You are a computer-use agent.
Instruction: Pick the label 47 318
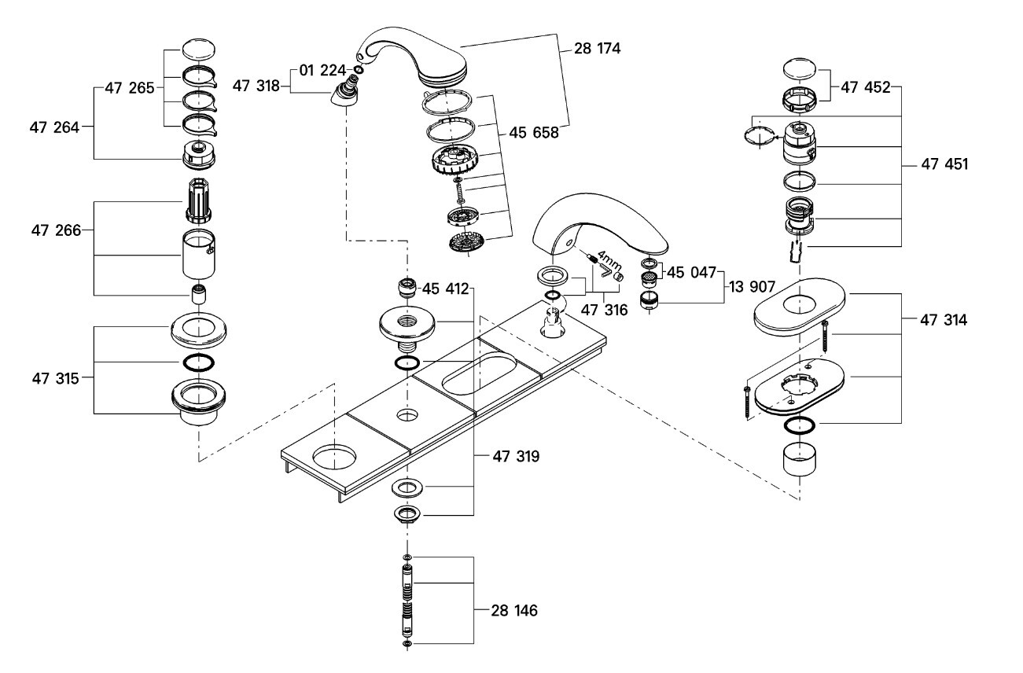(256, 86)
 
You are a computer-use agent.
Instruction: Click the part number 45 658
(534, 133)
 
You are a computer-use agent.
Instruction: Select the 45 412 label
(446, 289)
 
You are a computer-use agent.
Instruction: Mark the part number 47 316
(604, 311)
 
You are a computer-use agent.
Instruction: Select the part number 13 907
(749, 289)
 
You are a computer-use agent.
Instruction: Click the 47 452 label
(866, 88)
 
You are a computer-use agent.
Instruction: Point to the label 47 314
(945, 320)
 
